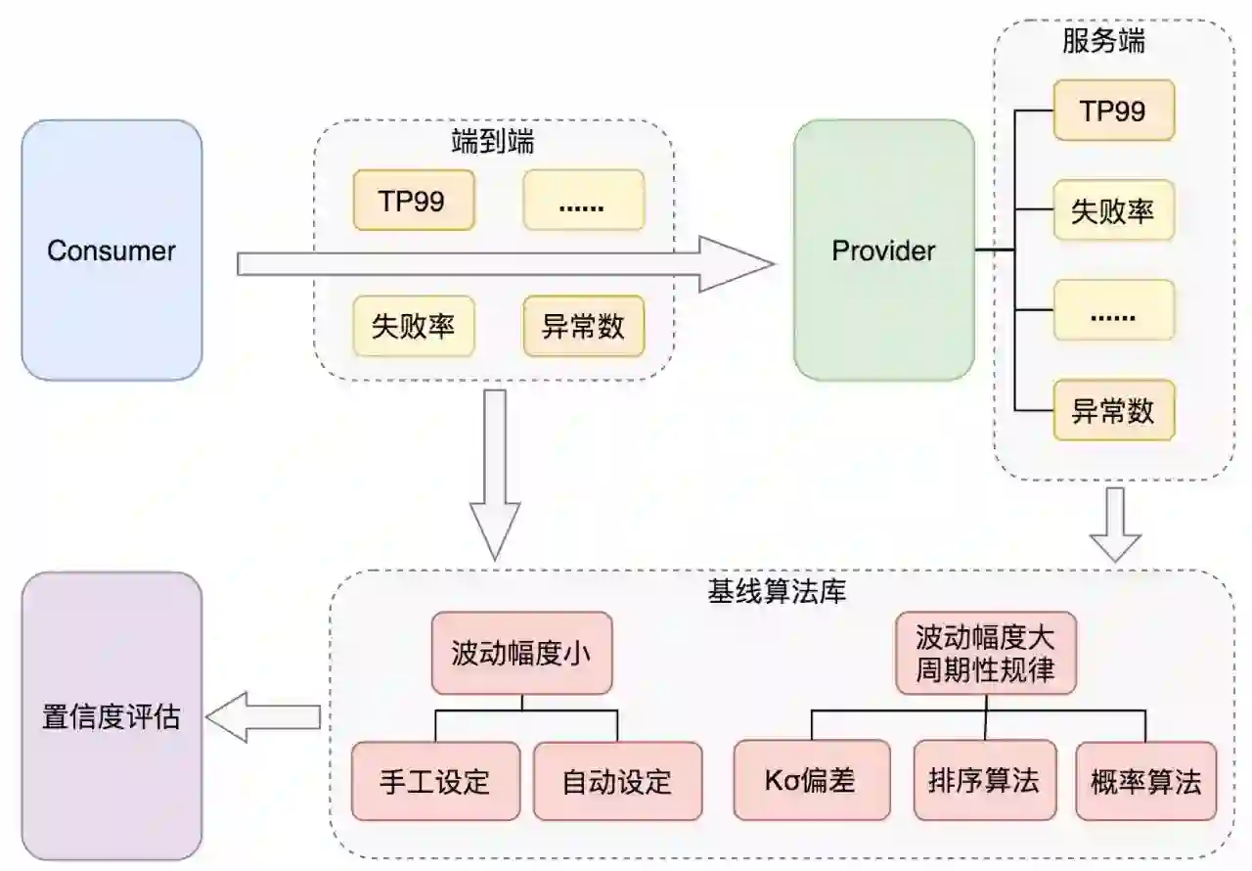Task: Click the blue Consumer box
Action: pyautogui.click(x=112, y=251)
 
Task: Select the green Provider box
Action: pyautogui.click(x=883, y=251)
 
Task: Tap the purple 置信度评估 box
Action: pyautogui.click(x=112, y=716)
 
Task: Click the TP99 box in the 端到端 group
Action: pyautogui.click(x=413, y=201)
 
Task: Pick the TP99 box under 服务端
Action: pyautogui.click(x=1113, y=111)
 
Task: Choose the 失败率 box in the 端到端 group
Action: pyautogui.click(x=413, y=326)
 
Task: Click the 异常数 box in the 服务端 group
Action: pyautogui.click(x=1113, y=410)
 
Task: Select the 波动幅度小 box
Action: pyautogui.click(x=521, y=654)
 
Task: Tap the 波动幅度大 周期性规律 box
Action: pyautogui.click(x=985, y=654)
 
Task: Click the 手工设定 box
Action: pyautogui.click(x=435, y=781)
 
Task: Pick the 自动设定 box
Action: pyautogui.click(x=617, y=781)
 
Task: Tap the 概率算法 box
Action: pyautogui.click(x=1145, y=781)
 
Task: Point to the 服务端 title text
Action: pyautogui.click(x=1103, y=41)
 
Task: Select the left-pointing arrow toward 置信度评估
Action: pyautogui.click(x=264, y=717)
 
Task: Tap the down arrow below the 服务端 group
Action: pyautogui.click(x=1116, y=525)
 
